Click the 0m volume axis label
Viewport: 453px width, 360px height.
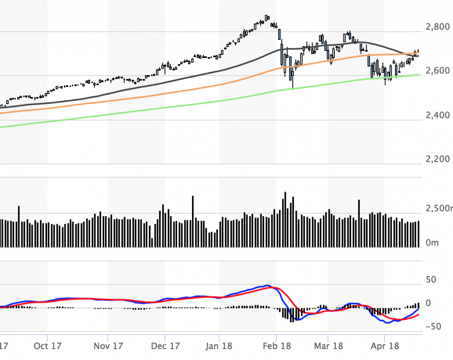pos(433,243)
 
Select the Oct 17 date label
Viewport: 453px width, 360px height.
pos(48,346)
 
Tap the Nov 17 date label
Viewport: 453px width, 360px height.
pos(108,346)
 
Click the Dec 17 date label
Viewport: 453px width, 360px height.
pos(165,346)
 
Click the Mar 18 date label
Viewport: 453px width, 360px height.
pos(328,346)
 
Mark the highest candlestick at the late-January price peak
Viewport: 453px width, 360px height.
pos(267,17)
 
